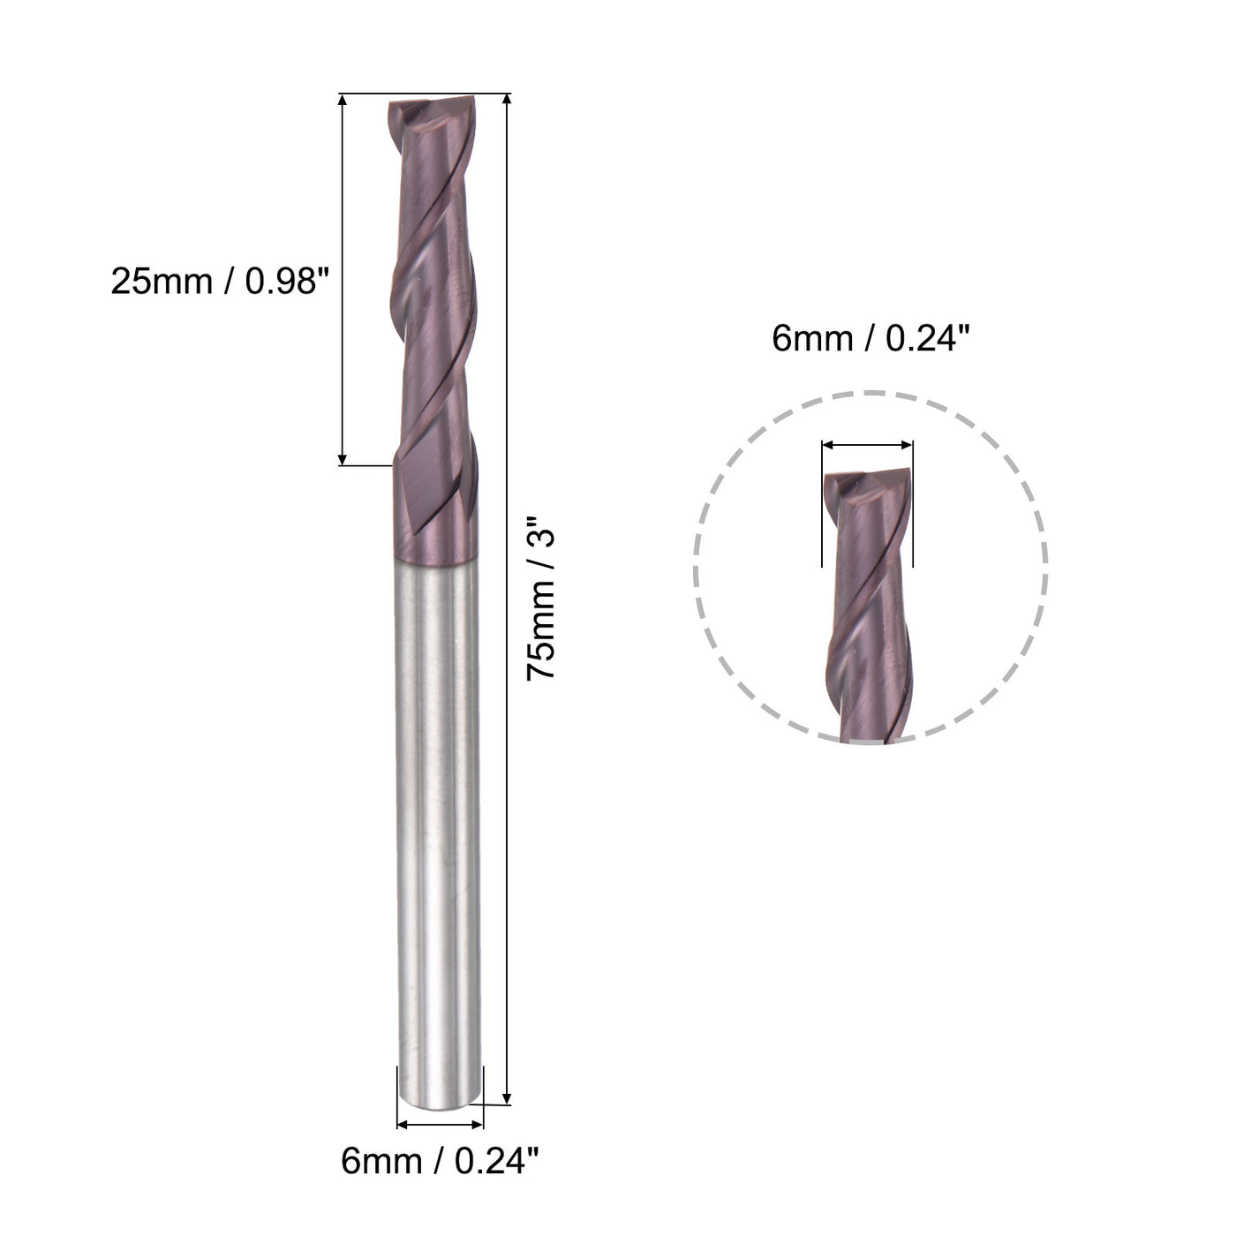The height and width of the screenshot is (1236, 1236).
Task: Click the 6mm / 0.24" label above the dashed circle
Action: pos(870,337)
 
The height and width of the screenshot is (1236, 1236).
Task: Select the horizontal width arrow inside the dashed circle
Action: pos(867,447)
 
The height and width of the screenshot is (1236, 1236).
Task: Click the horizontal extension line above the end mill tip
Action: pos(424,93)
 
